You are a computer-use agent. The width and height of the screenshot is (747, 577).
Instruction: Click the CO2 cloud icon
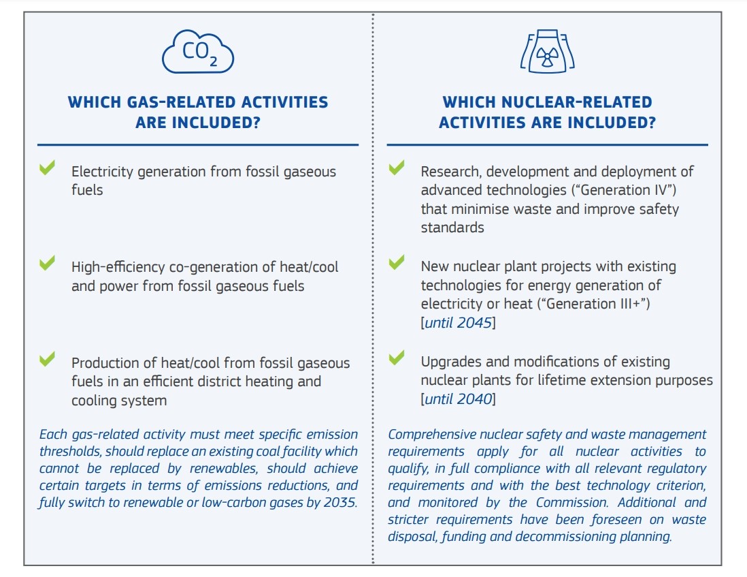coord(198,52)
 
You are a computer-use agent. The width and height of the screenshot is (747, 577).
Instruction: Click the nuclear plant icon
coord(548,51)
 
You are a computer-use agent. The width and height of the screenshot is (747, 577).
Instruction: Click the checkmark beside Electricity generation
coord(47,168)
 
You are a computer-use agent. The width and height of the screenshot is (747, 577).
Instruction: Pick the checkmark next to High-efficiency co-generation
coord(47,263)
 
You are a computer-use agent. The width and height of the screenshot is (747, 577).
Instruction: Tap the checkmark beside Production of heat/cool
coord(47,358)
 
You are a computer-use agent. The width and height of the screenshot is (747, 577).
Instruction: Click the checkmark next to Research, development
coord(397,168)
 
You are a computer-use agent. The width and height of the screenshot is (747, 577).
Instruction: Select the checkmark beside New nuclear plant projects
coord(397,262)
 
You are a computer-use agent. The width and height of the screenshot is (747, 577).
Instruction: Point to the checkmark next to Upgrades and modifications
coord(397,358)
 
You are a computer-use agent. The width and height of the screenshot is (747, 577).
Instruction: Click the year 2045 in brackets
coord(474,323)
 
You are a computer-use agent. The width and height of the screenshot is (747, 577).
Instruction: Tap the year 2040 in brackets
coord(474,399)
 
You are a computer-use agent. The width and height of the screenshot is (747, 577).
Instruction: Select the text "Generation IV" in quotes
coord(624,190)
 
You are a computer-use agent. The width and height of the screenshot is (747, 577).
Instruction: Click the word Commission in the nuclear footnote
coord(576,502)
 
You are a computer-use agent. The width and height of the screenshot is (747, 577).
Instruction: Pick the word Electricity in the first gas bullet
coord(103,172)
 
